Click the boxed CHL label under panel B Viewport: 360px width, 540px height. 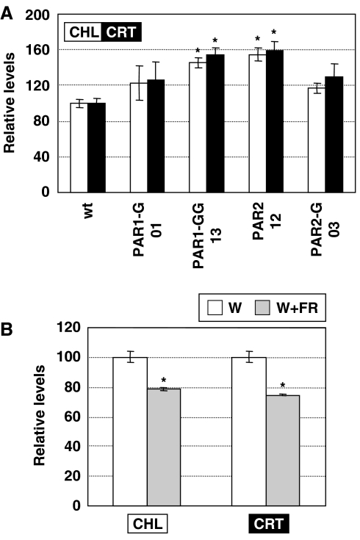click(147, 524)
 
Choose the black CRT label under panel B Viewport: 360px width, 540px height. click(265, 524)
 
